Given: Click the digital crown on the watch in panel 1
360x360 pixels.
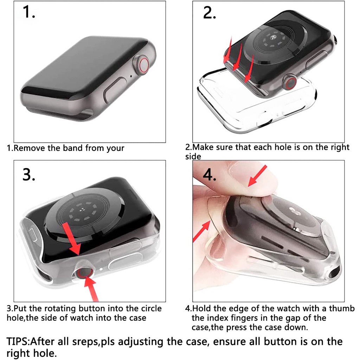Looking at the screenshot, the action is click(x=141, y=65).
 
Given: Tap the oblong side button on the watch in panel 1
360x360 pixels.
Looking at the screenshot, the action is click(x=115, y=90).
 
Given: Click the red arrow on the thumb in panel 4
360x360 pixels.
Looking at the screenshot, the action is click(x=257, y=176).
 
